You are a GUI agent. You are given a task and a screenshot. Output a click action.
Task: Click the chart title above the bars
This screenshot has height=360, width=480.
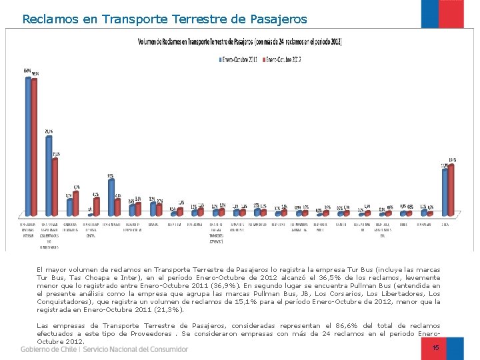239,42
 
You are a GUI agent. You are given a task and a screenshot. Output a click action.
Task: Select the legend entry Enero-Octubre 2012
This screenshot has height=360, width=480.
284,59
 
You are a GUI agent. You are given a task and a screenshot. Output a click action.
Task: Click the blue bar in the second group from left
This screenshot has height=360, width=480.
49,176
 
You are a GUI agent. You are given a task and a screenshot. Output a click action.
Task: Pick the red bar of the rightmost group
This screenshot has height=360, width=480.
451,190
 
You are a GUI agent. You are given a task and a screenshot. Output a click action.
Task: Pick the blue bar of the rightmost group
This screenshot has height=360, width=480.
445,193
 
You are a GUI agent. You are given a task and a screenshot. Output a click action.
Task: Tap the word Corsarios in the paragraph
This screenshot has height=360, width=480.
359,293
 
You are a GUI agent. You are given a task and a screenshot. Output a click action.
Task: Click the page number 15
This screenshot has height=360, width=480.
436,347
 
